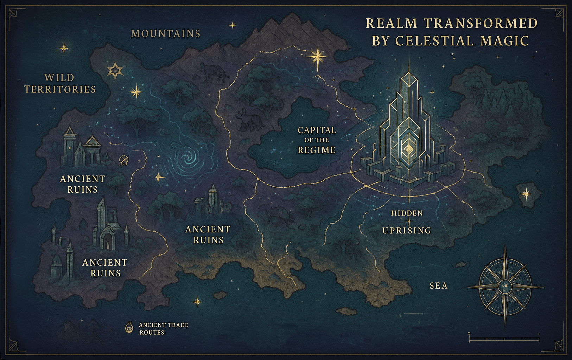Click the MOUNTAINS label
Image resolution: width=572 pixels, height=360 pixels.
coord(165,34)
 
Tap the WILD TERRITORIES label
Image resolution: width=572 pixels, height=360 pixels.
coord(60,84)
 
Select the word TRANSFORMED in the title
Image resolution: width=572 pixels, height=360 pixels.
coord(481,24)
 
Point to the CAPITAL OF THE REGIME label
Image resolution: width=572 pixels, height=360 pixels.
coord(317,140)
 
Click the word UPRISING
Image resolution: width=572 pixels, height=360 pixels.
coord(407,231)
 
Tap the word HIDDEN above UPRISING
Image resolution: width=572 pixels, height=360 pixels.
coord(407,213)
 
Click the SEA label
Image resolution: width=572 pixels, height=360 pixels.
coord(439,286)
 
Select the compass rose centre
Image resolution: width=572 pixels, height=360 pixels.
coord(506,287)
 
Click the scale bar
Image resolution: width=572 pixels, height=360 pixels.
coord(504,339)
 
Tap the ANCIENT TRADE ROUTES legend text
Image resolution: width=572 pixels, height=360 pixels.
coord(163,329)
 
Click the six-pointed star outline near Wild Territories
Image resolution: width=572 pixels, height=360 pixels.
coord(115,70)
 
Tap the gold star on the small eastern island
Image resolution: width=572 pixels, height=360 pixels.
coord(526,193)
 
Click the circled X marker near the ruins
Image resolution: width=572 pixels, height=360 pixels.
coord(123,160)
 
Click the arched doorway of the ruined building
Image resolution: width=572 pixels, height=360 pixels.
coord(105,241)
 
